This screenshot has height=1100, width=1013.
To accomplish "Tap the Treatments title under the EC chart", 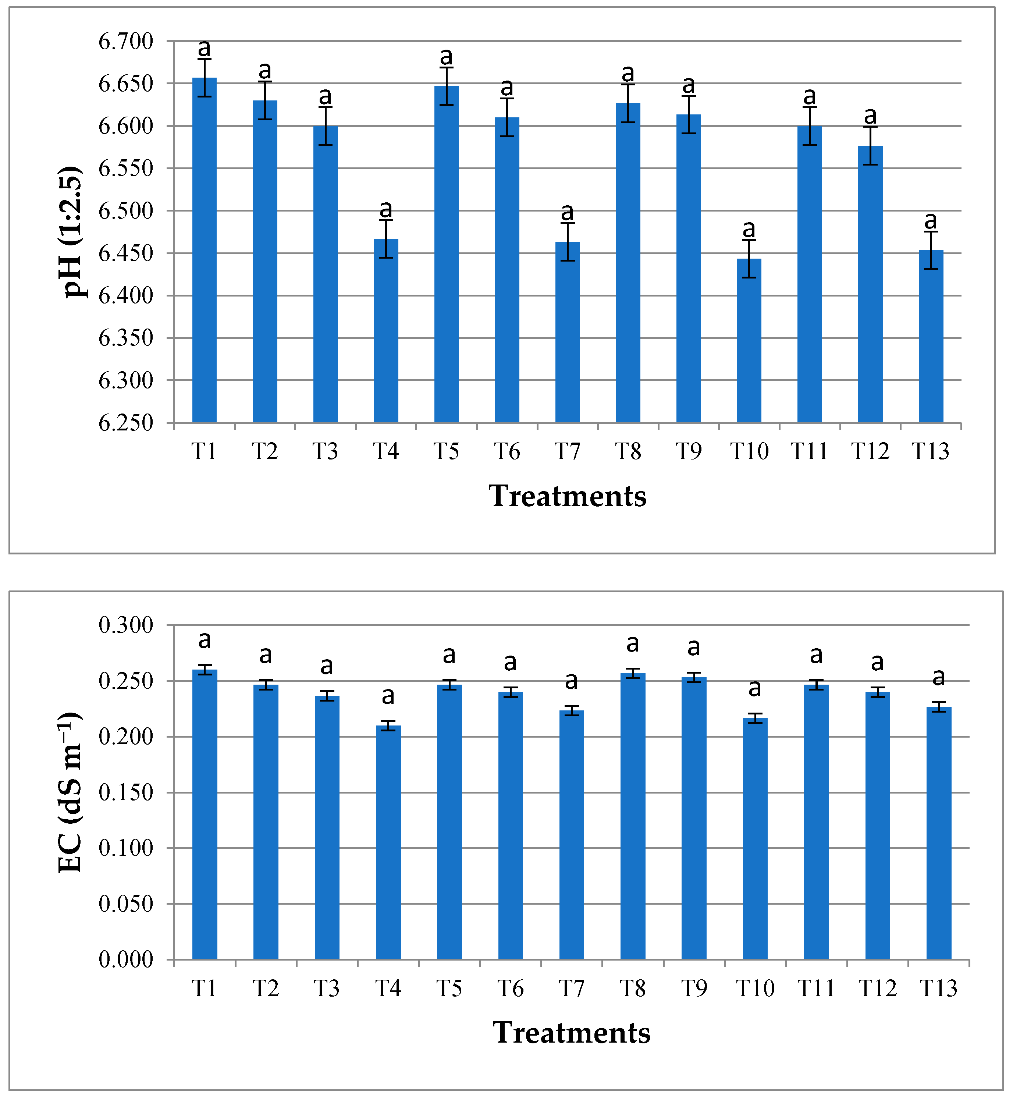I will (x=571, y=1033).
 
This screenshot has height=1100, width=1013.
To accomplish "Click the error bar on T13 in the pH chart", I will (x=931, y=250).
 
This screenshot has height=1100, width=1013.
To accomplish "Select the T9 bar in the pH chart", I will (x=689, y=269).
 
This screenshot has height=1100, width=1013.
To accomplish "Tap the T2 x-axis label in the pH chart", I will (x=265, y=451).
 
